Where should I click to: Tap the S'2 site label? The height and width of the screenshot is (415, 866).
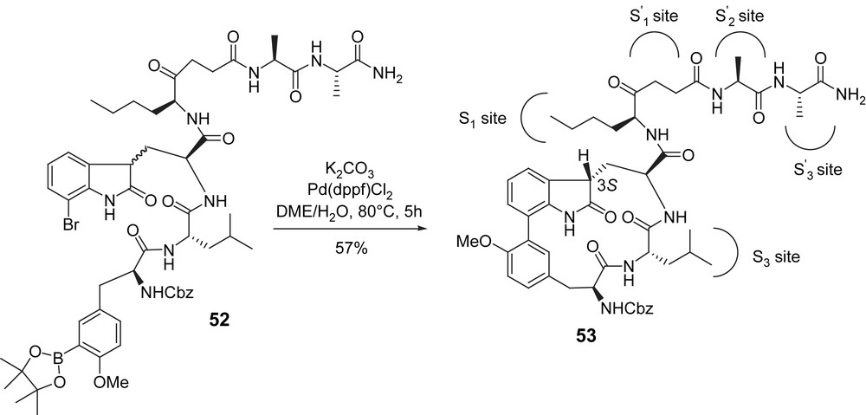(737, 16)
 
